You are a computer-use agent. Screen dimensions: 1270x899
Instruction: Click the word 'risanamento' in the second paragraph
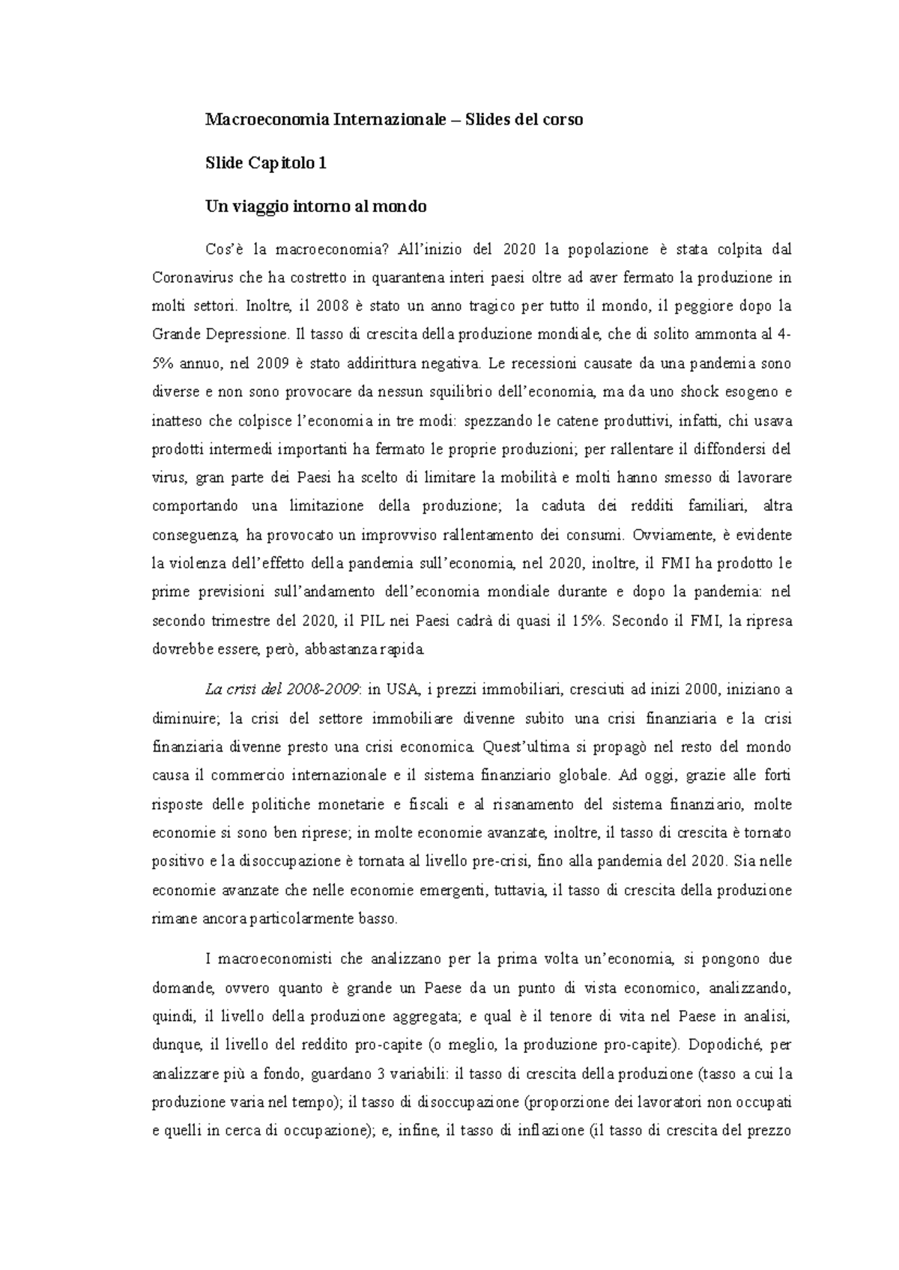tap(530, 803)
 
